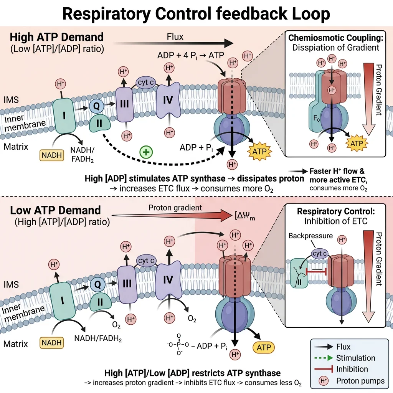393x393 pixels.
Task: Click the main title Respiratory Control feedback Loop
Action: pyautogui.click(x=196, y=14)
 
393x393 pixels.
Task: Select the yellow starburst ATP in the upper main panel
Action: pyautogui.click(x=259, y=150)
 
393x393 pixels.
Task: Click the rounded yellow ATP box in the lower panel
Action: pyautogui.click(x=263, y=348)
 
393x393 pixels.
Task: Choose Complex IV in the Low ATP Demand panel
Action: pyautogui.click(x=168, y=280)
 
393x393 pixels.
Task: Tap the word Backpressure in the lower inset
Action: pyautogui.click(x=310, y=235)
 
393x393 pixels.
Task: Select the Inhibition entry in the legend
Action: pyautogui.click(x=352, y=369)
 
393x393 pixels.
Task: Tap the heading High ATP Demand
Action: pyautogui.click(x=57, y=37)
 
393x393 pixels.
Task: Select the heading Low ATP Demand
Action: pyautogui.click(x=55, y=210)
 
